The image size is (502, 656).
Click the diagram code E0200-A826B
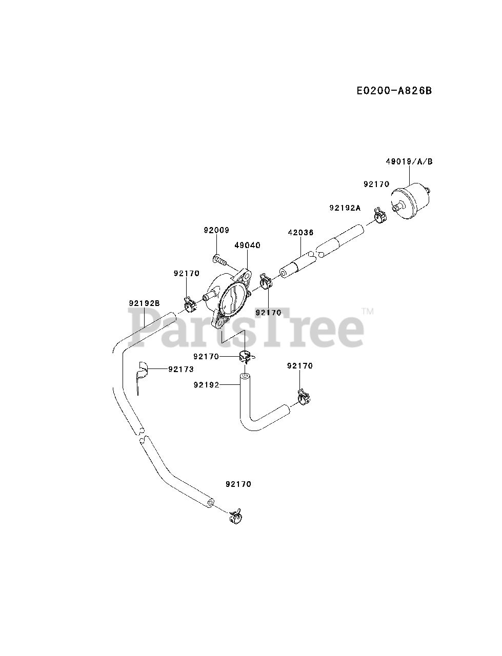[394, 91]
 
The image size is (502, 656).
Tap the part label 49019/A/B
[409, 161]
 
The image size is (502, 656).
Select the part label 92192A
[345, 208]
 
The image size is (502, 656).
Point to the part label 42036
[300, 232]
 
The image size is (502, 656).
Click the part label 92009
[215, 230]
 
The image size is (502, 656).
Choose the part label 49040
[247, 245]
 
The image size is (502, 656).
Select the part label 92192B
[145, 303]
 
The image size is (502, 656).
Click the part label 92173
[181, 369]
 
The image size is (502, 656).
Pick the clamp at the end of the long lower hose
[235, 516]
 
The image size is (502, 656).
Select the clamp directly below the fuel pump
[245, 355]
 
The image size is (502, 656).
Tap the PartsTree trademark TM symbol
[368, 311]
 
